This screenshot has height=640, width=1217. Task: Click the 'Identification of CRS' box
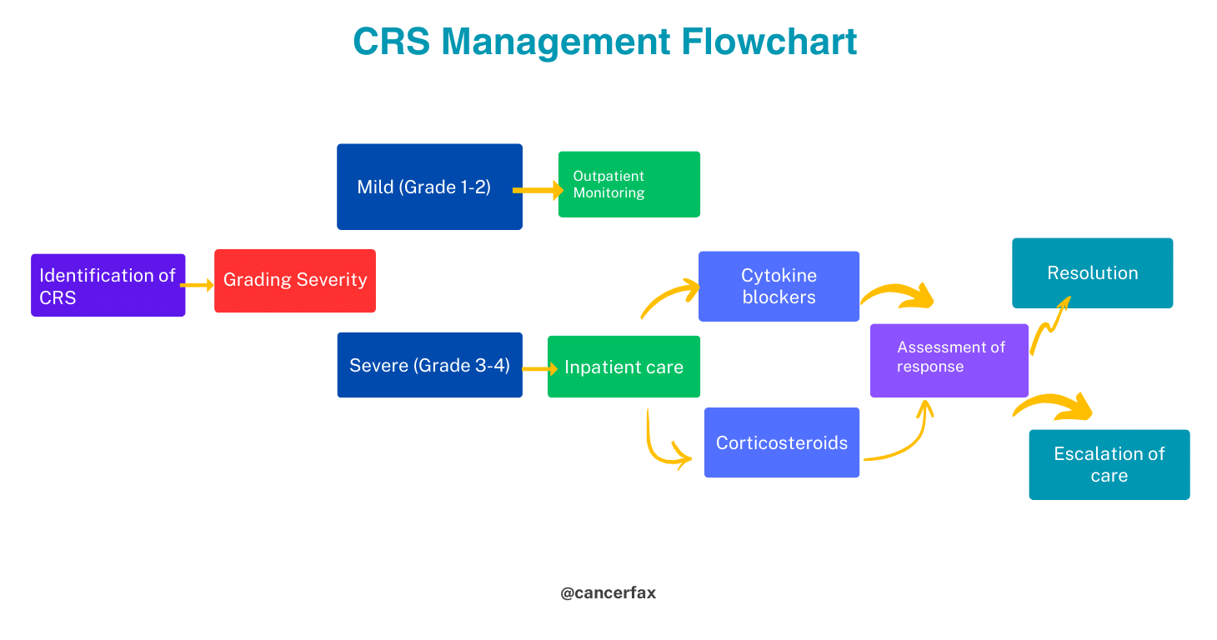(108, 285)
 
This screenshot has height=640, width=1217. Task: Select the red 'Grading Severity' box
(294, 281)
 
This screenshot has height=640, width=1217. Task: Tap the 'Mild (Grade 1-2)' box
(429, 187)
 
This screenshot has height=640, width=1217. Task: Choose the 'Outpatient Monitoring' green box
(629, 184)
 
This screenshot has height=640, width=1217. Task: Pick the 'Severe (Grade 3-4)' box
(429, 365)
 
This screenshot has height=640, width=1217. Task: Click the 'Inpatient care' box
(624, 367)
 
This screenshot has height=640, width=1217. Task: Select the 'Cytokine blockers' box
(779, 286)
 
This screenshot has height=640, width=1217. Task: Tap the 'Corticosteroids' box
(781, 442)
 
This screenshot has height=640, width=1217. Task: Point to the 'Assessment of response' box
(949, 360)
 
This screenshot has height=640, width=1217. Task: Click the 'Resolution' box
(1092, 272)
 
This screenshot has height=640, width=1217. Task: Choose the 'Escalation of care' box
(1109, 464)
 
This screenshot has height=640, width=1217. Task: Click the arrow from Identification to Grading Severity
(198, 285)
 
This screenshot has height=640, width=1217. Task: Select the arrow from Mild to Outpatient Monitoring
(538, 191)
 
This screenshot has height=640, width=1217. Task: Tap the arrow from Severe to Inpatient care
(539, 368)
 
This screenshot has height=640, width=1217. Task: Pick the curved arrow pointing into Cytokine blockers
(669, 297)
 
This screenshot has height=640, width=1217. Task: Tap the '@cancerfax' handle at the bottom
(608, 593)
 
